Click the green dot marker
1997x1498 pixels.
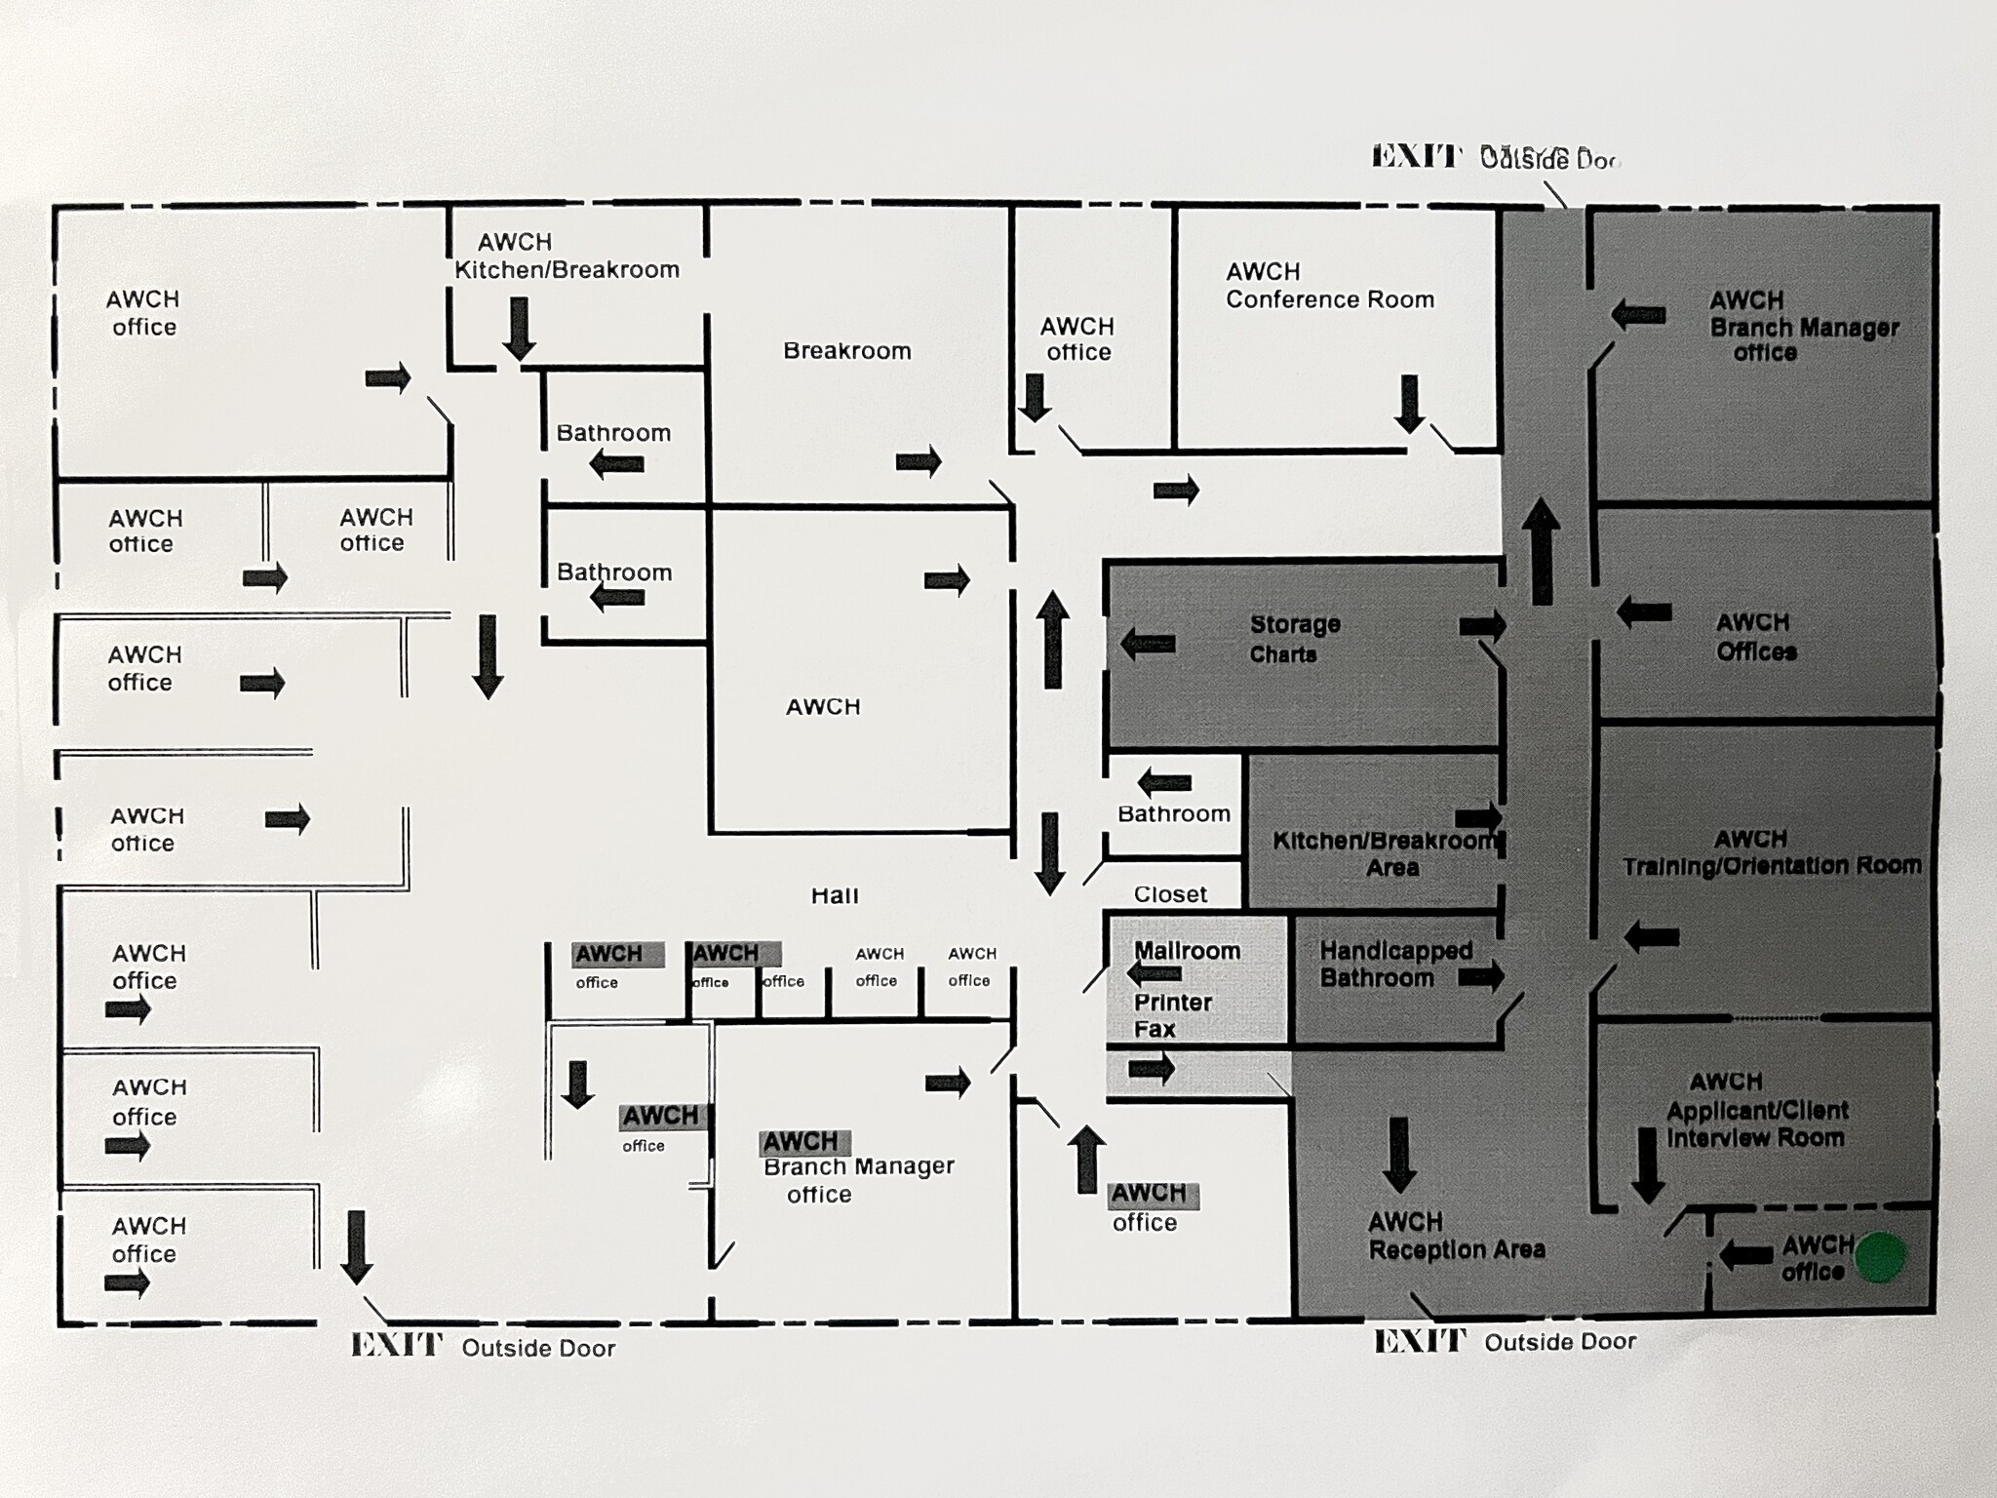pyautogui.click(x=1879, y=1256)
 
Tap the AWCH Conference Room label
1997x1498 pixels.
pyautogui.click(x=1329, y=286)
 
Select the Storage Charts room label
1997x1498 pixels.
pyautogui.click(x=1294, y=639)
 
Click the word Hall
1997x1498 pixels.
pyautogui.click(x=835, y=895)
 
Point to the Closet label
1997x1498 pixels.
pyautogui.click(x=1170, y=894)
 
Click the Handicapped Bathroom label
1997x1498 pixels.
pyautogui.click(x=1395, y=964)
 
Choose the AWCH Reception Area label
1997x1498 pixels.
pyautogui.click(x=1456, y=1236)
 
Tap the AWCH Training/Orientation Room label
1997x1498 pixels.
pyautogui.click(x=1771, y=852)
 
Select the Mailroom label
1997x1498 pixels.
pyautogui.click(x=1187, y=951)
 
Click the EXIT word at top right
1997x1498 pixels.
pyautogui.click(x=1416, y=156)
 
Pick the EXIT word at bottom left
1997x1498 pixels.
pyautogui.click(x=396, y=1346)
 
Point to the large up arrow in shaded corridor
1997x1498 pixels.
pyautogui.click(x=1541, y=551)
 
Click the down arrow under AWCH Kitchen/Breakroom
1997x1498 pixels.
pyautogui.click(x=519, y=329)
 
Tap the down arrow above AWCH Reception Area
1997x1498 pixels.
pyautogui.click(x=1399, y=1155)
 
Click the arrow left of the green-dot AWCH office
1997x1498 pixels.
pyautogui.click(x=1745, y=1255)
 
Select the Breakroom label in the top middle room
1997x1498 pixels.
pyautogui.click(x=846, y=351)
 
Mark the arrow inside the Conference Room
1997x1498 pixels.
pyautogui.click(x=1409, y=404)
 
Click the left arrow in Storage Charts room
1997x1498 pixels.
pyautogui.click(x=1147, y=644)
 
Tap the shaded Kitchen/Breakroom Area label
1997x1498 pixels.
pyautogui.click(x=1386, y=853)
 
